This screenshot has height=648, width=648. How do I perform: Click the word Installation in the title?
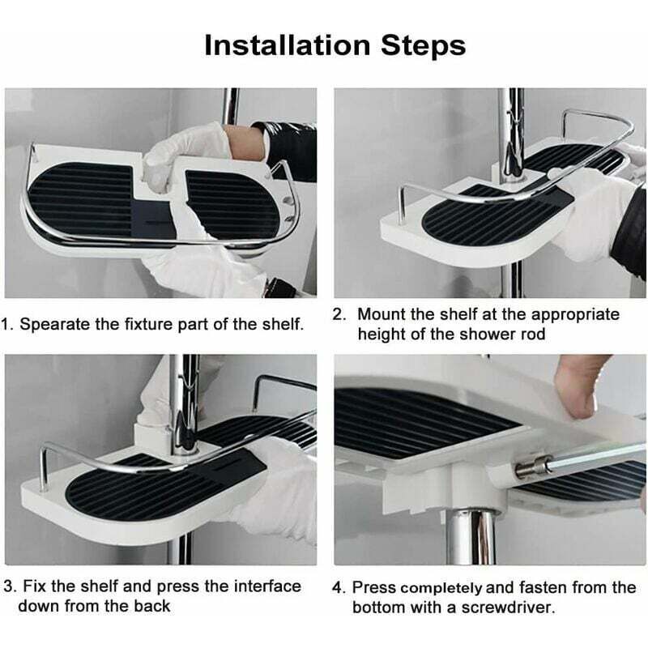(288, 45)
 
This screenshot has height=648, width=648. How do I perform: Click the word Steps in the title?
(423, 46)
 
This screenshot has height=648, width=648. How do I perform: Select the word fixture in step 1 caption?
(148, 324)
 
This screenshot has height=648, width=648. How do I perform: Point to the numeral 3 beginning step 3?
(8, 586)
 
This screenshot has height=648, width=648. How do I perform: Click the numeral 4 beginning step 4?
(337, 588)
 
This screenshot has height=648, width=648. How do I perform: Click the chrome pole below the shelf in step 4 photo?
(471, 537)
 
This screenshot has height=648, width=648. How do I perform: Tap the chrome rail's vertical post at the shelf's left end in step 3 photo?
(44, 467)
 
